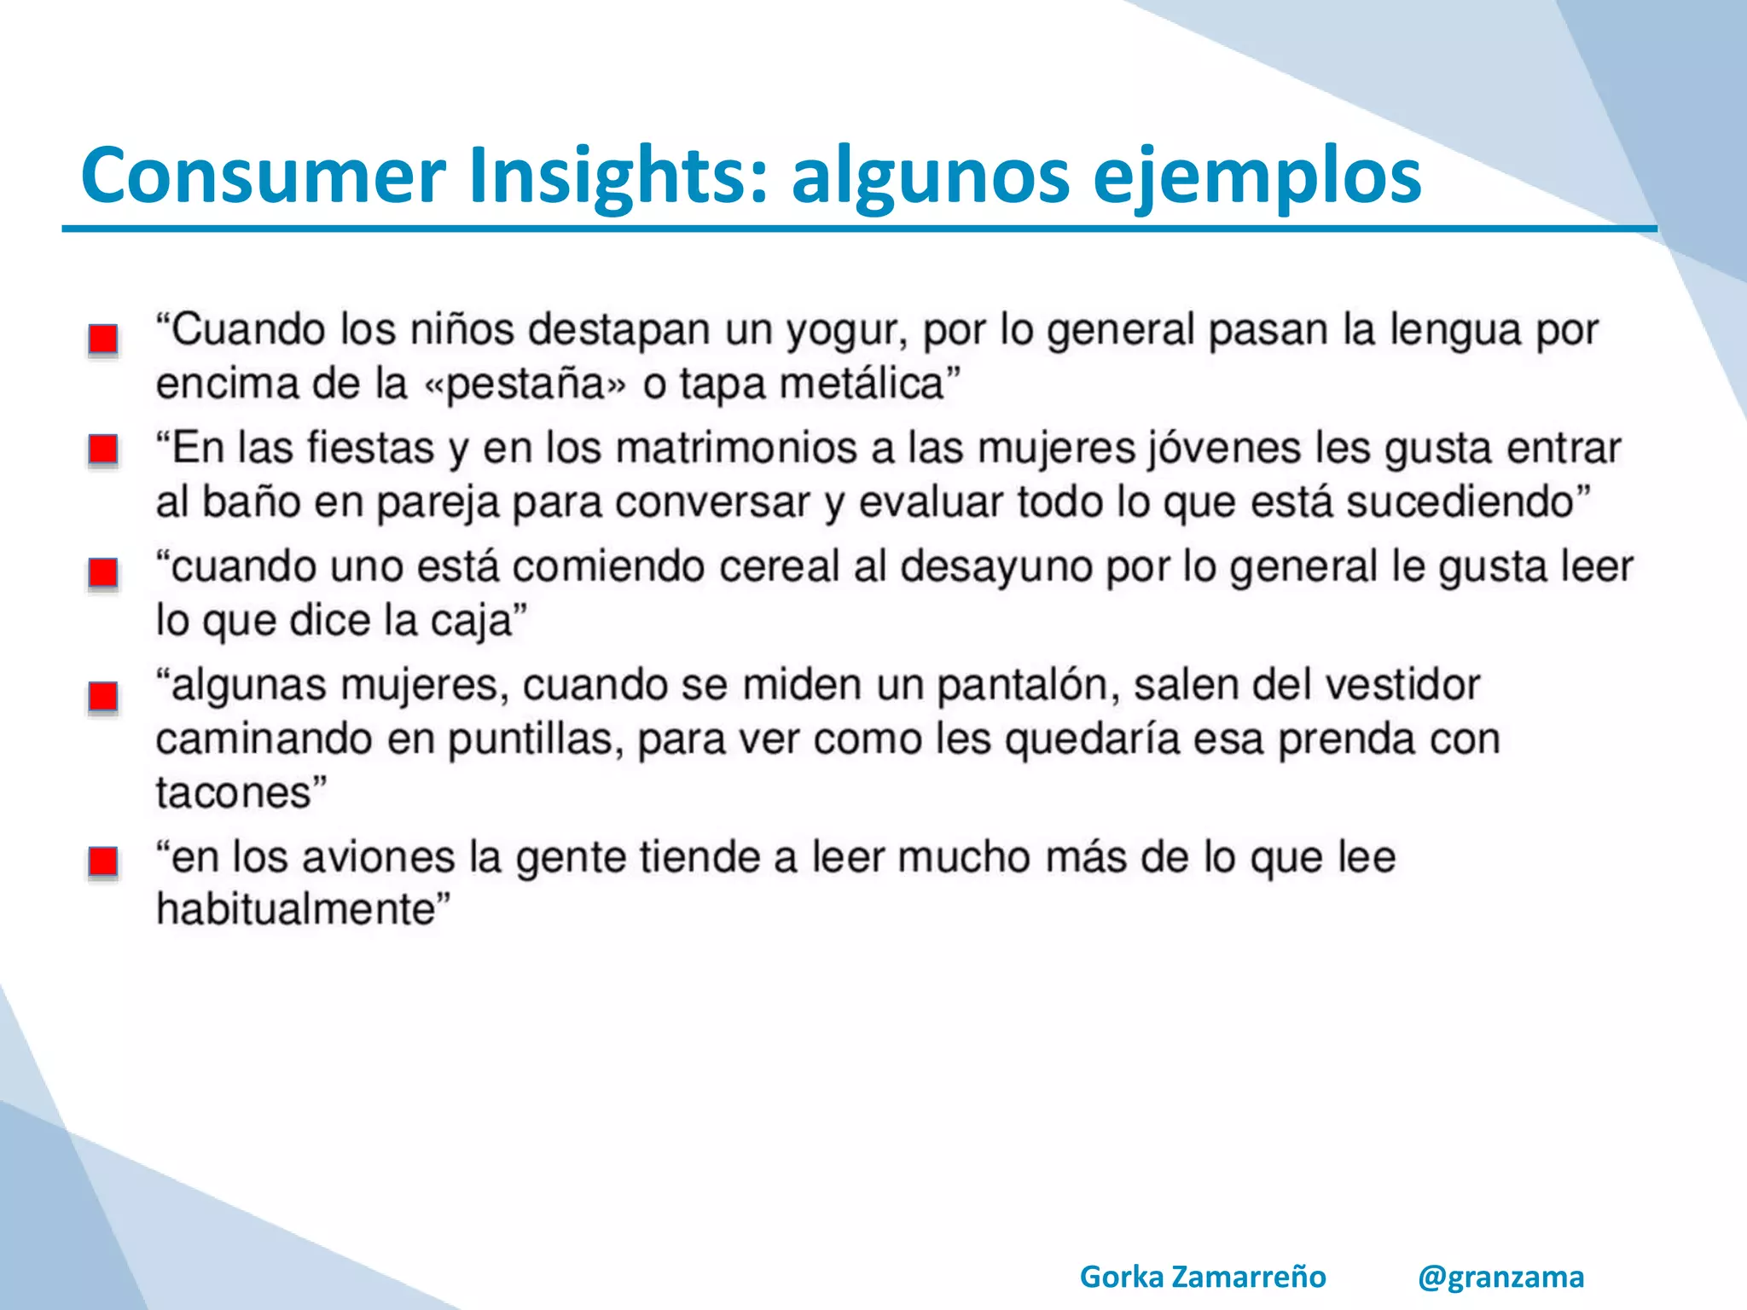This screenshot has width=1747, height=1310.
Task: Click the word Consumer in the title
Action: (x=263, y=176)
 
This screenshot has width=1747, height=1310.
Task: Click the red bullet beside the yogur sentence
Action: (x=103, y=339)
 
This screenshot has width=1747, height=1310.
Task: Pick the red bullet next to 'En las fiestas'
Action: (x=103, y=449)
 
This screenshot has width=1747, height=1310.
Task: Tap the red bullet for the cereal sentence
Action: (x=103, y=572)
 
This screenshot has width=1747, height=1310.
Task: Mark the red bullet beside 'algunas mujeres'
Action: (x=103, y=697)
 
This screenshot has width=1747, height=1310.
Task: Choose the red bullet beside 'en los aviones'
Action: (x=103, y=861)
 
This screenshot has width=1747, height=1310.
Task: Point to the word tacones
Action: (x=234, y=793)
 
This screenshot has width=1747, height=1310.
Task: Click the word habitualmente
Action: (x=296, y=910)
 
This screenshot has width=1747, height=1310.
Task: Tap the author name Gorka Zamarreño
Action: (x=1202, y=1277)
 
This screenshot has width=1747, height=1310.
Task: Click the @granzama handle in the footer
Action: (x=1500, y=1277)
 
